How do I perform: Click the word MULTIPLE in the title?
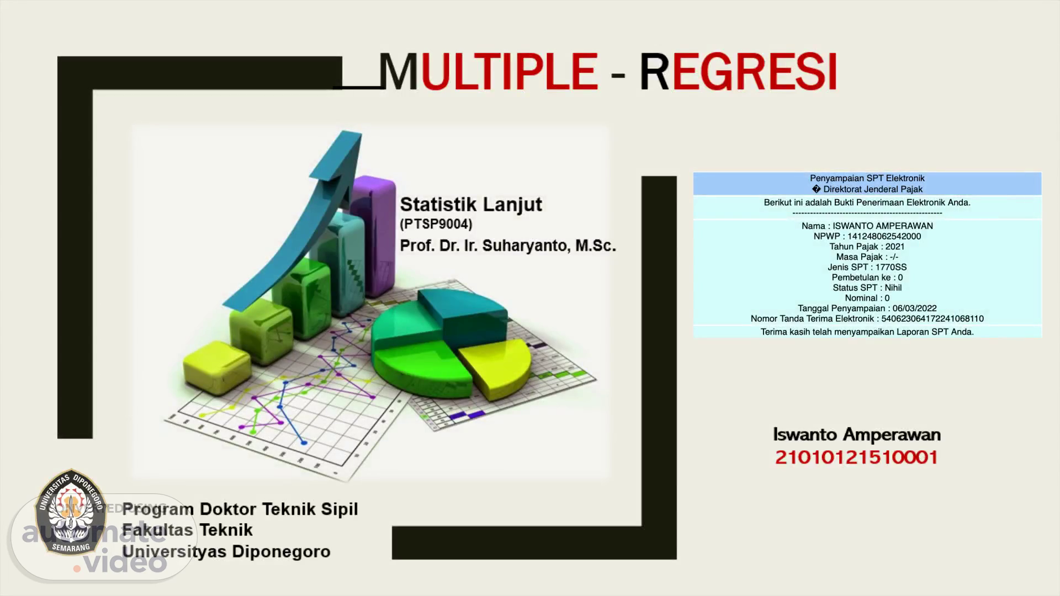click(489, 72)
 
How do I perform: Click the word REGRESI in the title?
click(739, 72)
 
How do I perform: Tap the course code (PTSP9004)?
click(436, 224)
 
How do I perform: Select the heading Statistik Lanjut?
click(471, 204)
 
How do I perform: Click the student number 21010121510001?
click(857, 457)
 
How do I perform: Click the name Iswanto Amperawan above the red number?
click(857, 435)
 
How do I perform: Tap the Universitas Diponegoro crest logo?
click(70, 512)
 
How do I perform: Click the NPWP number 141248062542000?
click(884, 236)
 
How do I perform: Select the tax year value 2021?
click(895, 247)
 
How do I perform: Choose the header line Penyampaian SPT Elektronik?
click(867, 178)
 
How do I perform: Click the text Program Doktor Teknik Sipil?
click(240, 509)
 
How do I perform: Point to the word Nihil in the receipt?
click(893, 288)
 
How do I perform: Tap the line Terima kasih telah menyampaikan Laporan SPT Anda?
click(867, 332)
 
